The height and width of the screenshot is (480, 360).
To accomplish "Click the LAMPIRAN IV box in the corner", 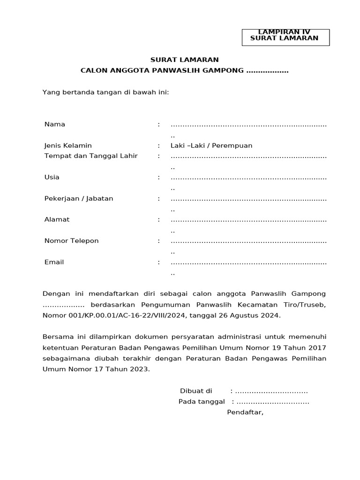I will (x=285, y=37).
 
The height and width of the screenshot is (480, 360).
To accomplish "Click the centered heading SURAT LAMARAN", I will (x=184, y=60).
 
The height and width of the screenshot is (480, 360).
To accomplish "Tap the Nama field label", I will (x=55, y=124).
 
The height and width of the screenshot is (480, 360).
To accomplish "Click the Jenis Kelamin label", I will (x=68, y=145).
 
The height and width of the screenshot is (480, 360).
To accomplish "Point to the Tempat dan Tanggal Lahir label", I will (x=91, y=156).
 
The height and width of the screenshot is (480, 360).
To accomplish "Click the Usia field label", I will (x=52, y=177).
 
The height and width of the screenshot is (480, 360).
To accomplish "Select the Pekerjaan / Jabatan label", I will (x=79, y=198).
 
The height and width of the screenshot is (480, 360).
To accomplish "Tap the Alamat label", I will (x=57, y=219).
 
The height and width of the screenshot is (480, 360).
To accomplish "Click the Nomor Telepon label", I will (x=71, y=240).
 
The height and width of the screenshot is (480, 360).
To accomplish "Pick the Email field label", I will (x=54, y=262).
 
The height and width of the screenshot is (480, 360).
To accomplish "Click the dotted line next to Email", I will (x=248, y=262).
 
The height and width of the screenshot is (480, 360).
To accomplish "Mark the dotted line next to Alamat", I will (x=248, y=220).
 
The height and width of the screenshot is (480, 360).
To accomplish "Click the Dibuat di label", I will (x=196, y=391).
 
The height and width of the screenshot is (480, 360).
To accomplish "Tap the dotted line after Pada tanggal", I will (x=273, y=402).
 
